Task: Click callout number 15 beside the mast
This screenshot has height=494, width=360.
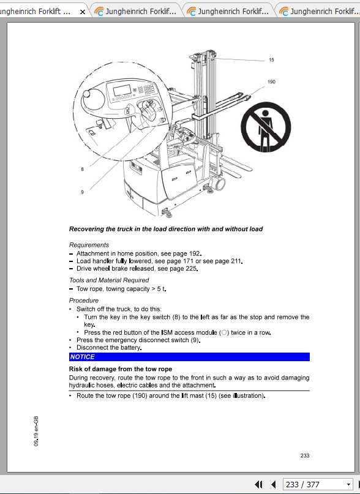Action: [x=271, y=60]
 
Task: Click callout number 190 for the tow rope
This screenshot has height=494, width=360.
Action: [x=271, y=81]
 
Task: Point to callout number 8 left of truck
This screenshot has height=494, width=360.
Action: [x=82, y=169]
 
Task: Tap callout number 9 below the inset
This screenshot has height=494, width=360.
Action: [x=82, y=192]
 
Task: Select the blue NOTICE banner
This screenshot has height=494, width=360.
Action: [x=189, y=357]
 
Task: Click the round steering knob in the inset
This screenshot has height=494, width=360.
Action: [x=93, y=99]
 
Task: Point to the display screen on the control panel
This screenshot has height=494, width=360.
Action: [x=123, y=91]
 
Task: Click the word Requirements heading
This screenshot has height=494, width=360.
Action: [x=89, y=245]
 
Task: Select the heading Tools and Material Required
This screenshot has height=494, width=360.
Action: [x=109, y=280]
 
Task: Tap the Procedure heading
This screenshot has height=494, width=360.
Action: [x=84, y=301]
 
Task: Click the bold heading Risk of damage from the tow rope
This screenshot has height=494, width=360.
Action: [x=121, y=369]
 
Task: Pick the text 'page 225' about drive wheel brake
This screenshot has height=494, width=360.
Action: [x=184, y=269]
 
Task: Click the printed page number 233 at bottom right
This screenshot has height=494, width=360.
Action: [x=305, y=455]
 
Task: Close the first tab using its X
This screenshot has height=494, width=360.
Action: [x=83, y=12]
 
